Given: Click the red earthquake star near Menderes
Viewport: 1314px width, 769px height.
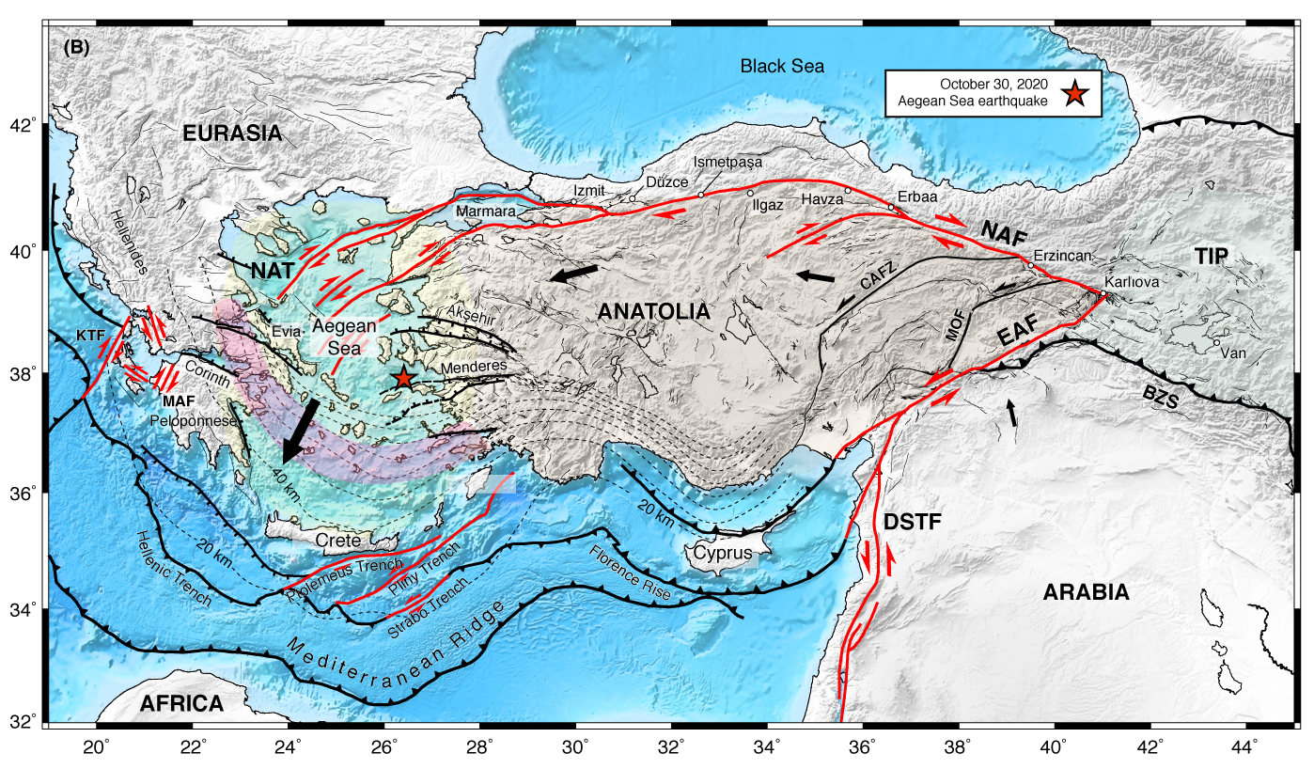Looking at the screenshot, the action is (403, 378).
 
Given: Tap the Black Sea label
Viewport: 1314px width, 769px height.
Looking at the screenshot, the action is (781, 67).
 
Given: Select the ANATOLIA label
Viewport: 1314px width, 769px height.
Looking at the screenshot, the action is (653, 312).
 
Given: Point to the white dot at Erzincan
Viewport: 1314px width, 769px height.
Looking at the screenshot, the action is (1031, 265).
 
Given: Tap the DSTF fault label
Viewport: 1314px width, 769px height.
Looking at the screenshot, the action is (912, 523).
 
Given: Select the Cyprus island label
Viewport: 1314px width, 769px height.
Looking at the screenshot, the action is (724, 553).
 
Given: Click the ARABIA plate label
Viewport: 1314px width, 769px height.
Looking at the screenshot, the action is (1086, 592).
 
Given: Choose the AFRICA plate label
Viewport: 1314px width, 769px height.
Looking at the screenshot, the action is (182, 703).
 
